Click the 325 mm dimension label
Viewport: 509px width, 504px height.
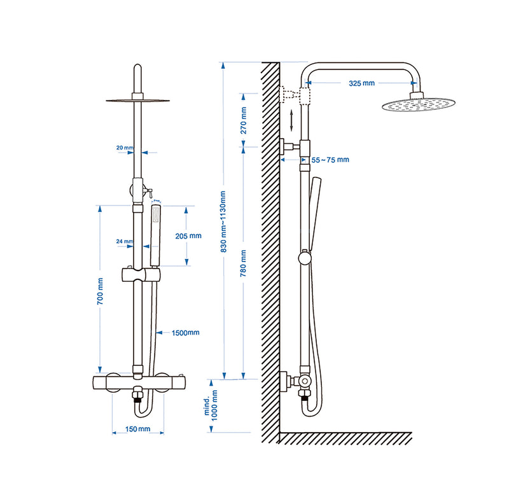(362, 83)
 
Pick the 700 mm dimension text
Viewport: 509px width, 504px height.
(100, 291)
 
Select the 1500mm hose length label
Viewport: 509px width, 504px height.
(186, 332)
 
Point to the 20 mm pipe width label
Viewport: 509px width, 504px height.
(125, 148)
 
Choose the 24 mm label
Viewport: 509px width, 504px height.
(125, 242)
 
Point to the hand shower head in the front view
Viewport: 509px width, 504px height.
(155, 226)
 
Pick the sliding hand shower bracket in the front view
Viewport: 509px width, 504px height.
(141, 276)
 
